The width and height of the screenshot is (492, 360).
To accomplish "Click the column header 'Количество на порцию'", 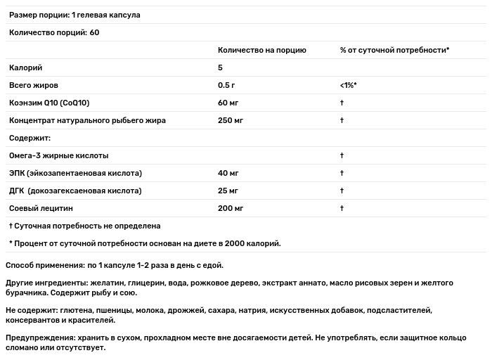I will pos(261,51).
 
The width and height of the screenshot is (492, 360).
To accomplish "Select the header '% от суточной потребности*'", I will pos(394,51).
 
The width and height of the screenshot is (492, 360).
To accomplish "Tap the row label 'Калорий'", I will pos(25,68).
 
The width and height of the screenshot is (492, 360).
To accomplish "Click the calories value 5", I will pos(221,68).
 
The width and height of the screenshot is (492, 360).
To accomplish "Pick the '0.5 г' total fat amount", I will pos(227,86).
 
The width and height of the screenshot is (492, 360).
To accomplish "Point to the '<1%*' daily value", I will pos(349,86).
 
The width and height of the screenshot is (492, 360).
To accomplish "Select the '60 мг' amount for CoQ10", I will pos(228,103).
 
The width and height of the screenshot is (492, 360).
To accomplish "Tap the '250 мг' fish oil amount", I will pos(231,120).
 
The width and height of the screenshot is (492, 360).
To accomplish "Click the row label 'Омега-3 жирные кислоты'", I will pos(58,155).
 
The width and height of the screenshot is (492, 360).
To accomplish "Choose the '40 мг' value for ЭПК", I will pos(228,173).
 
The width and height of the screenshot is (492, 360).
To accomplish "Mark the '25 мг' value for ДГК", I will pos(228,191).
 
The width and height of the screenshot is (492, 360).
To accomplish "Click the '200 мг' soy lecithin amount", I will pos(231,208).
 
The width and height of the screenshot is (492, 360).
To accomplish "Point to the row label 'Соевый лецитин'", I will pos(41,208).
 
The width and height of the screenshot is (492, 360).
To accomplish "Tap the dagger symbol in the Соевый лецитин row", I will pos(341,208).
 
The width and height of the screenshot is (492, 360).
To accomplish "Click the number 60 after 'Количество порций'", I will pos(95,33).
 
